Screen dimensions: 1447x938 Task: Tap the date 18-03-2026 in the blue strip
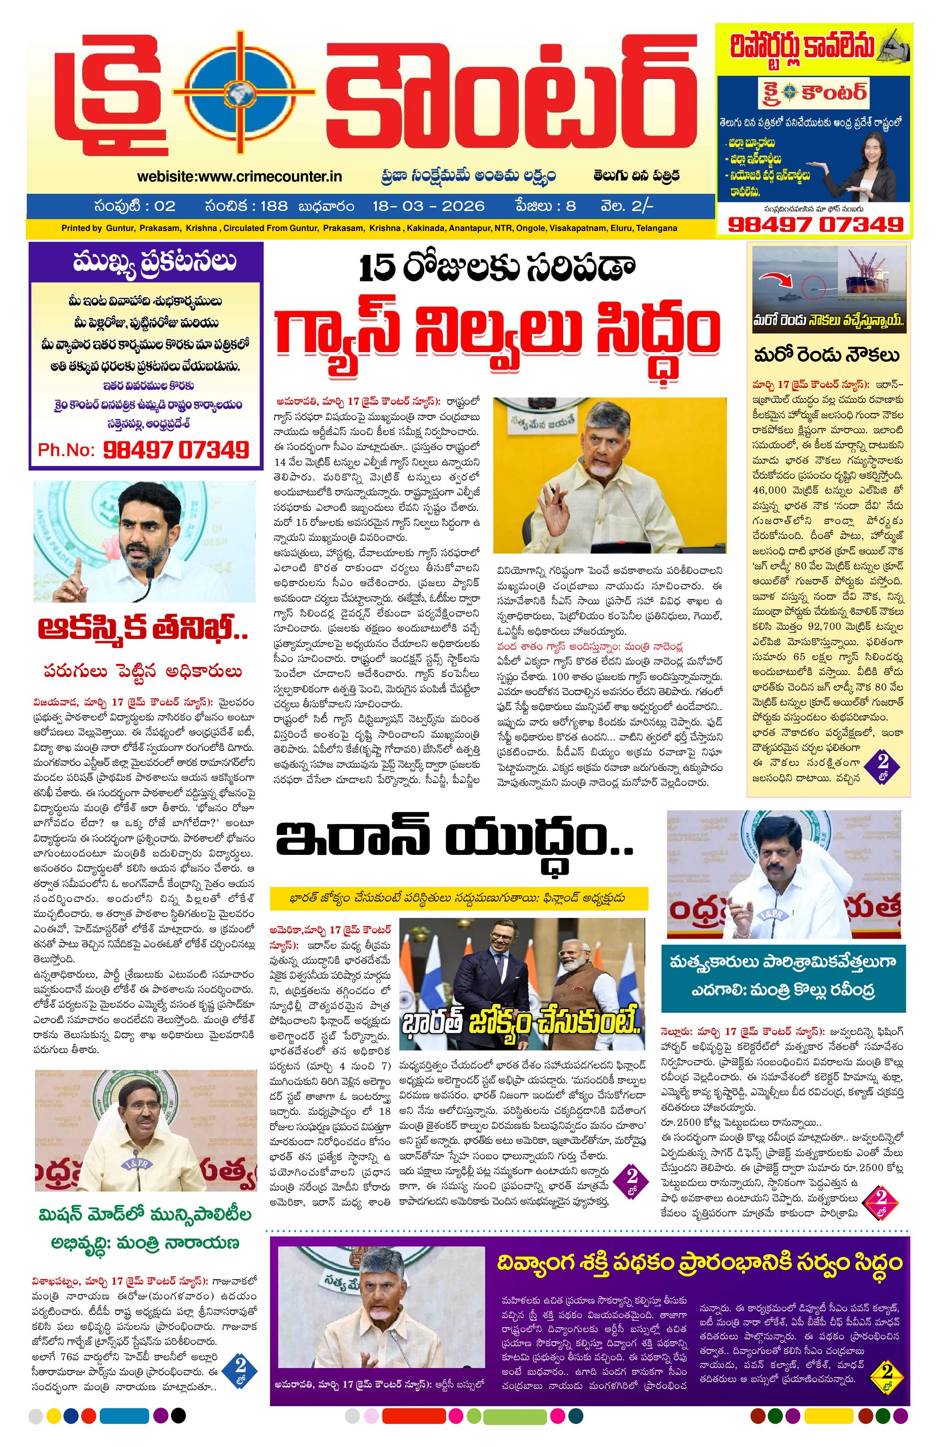pos(428,206)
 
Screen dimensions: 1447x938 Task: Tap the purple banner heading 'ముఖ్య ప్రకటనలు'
pos(146,262)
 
